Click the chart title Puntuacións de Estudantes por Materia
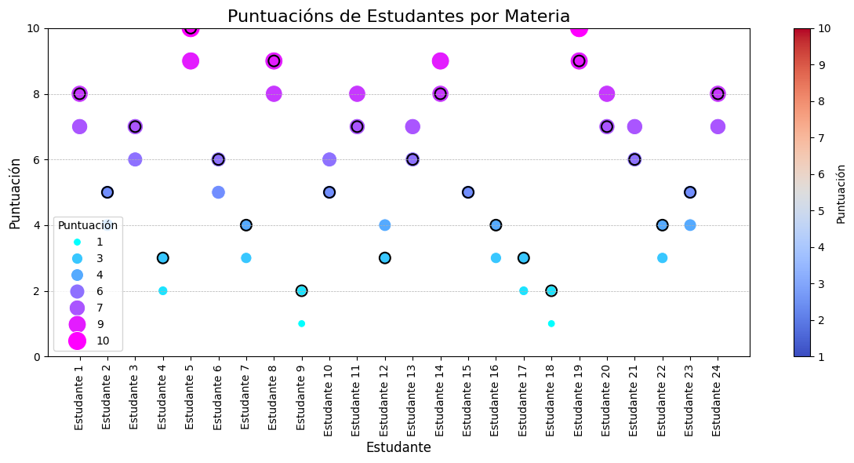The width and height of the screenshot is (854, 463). (398, 16)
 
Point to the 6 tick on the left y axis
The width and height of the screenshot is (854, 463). (38, 160)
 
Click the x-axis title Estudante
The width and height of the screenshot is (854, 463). (398, 448)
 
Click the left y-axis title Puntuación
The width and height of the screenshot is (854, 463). (15, 192)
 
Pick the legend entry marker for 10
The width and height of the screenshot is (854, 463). (77, 341)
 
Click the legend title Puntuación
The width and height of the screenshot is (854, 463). (88, 226)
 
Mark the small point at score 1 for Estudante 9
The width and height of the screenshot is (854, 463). (301, 323)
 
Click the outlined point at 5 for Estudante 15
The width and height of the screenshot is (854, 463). (468, 192)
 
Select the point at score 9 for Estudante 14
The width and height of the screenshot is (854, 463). (440, 61)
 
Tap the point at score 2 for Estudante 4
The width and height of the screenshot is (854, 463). (162, 291)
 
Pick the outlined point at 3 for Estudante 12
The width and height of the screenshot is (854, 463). (384, 258)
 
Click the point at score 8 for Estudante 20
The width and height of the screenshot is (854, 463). (606, 94)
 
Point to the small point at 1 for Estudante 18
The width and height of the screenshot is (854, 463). (551, 323)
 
